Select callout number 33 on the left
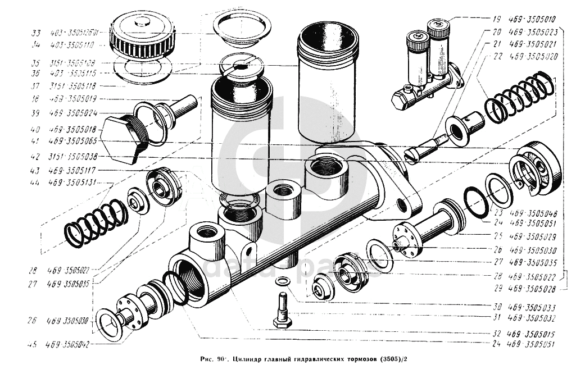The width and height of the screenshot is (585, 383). pyautogui.click(x=36, y=33)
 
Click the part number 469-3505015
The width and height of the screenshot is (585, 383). pyautogui.click(x=532, y=334)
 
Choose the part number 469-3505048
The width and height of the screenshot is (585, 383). pyautogui.click(x=532, y=213)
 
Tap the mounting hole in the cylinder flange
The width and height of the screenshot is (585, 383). pyautogui.click(x=403, y=207)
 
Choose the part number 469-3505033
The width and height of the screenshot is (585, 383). pyautogui.click(x=532, y=308)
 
